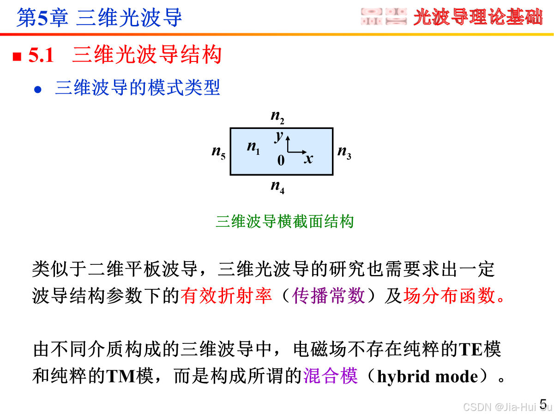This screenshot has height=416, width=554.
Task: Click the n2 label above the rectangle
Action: (x=277, y=118)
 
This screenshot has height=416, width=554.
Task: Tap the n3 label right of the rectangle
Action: (x=344, y=152)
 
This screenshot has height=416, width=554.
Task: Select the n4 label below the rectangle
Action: (x=277, y=187)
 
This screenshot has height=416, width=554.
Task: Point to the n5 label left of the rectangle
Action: (x=218, y=152)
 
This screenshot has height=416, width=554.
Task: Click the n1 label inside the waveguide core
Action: (x=253, y=147)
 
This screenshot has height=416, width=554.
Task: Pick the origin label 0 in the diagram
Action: (x=281, y=160)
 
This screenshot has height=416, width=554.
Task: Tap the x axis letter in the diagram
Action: (x=308, y=159)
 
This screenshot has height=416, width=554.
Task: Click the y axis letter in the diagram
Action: (x=278, y=136)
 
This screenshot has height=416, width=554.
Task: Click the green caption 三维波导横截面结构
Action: (x=284, y=221)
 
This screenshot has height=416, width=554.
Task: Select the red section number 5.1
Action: (x=41, y=56)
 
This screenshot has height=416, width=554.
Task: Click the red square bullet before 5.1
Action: (x=17, y=57)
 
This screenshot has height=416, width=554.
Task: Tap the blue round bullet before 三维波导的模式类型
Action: (x=38, y=89)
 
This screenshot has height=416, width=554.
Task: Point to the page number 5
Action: (x=543, y=404)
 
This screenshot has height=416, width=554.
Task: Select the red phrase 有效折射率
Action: (x=226, y=296)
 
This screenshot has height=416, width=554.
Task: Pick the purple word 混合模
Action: (x=331, y=376)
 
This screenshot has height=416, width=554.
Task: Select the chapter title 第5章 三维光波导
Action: (x=99, y=18)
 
